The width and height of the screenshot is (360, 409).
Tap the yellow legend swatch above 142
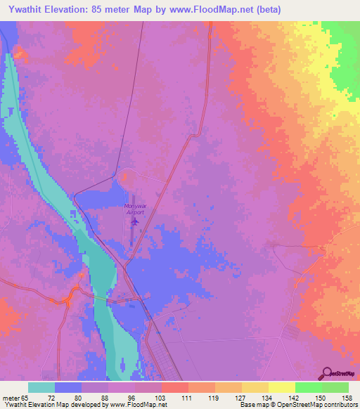[282, 387]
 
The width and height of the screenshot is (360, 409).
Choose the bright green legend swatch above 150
[309, 387]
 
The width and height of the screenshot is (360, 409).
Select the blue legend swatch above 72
[68, 387]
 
